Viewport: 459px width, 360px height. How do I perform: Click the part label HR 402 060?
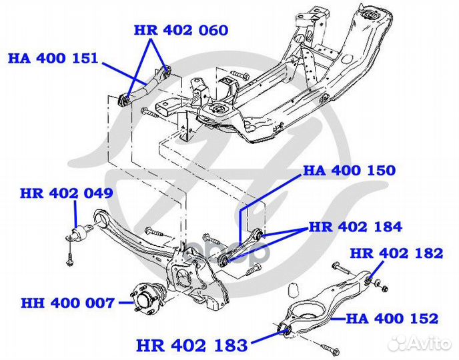[181, 31]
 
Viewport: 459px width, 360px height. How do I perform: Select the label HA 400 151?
[53, 58]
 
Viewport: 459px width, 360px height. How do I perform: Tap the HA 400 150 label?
[349, 171]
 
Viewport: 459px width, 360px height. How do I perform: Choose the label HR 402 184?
[356, 227]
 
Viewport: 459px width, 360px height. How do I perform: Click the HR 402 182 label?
[396, 253]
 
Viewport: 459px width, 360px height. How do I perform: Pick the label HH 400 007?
[67, 303]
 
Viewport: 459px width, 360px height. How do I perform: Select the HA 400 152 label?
[392, 319]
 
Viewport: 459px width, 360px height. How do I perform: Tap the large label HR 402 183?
[192, 345]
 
